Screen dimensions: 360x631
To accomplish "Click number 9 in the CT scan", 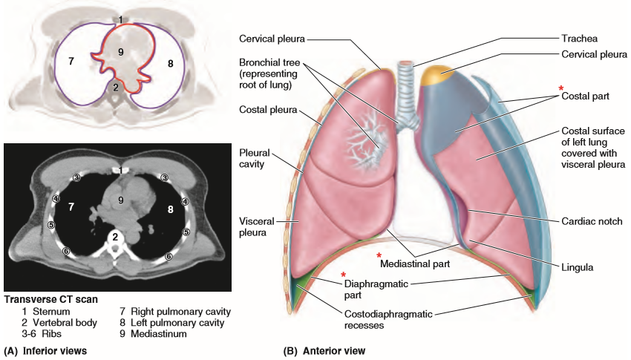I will (x=120, y=200).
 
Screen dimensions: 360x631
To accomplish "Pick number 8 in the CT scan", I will (x=171, y=210).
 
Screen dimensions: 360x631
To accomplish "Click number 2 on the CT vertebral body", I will (x=115, y=238).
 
